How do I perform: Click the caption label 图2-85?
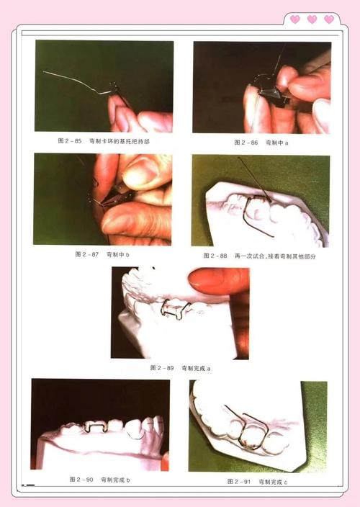(69, 142)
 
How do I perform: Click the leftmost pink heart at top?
(294, 19)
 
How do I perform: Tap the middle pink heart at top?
(312, 19)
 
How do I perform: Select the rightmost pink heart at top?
(329, 19)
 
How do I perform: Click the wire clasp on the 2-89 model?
(174, 309)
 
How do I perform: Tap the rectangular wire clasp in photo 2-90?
(95, 427)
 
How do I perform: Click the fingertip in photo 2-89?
(209, 281)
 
